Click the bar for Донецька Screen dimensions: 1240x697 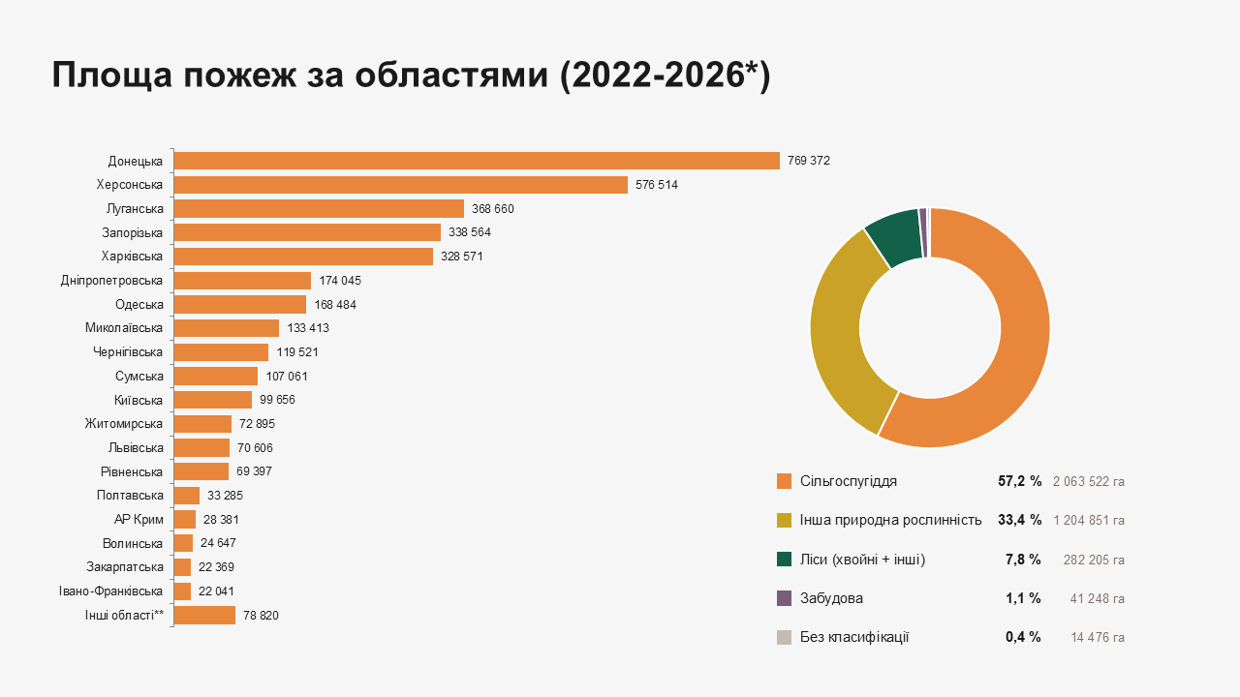coord(477,161)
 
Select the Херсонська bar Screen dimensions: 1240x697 coord(401,185)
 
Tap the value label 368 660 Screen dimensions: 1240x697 coord(493,209)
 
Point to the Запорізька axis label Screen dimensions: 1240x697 coord(132,233)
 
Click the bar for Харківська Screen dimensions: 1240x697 coord(303,257)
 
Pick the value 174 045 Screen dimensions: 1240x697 coord(340,281)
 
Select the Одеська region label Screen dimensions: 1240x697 coord(139,305)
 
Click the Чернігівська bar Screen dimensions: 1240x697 coord(221,352)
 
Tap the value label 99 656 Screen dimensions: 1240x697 coord(277,400)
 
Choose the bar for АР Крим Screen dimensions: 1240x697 coord(185,520)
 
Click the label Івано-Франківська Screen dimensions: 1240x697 coord(110,591)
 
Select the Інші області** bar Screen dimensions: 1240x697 coord(204,615)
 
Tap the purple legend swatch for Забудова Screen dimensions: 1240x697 coord(784,598)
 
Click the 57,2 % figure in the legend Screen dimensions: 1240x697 coord(1020,481)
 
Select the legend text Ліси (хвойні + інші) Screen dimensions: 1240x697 coord(862,560)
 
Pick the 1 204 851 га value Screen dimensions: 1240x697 coord(1089,521)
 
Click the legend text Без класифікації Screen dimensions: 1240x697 coord(854,637)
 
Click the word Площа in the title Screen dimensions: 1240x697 coord(112,76)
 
